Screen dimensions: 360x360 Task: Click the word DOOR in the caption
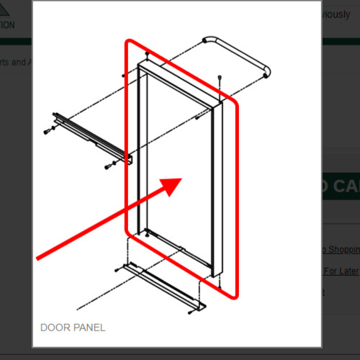[55, 328]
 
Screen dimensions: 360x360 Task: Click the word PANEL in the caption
[89, 328]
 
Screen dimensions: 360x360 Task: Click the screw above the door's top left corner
[147, 54]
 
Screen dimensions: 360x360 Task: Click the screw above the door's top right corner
[218, 77]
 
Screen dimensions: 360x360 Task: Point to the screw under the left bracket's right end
[109, 166]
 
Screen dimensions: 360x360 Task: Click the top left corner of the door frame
[138, 65]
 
